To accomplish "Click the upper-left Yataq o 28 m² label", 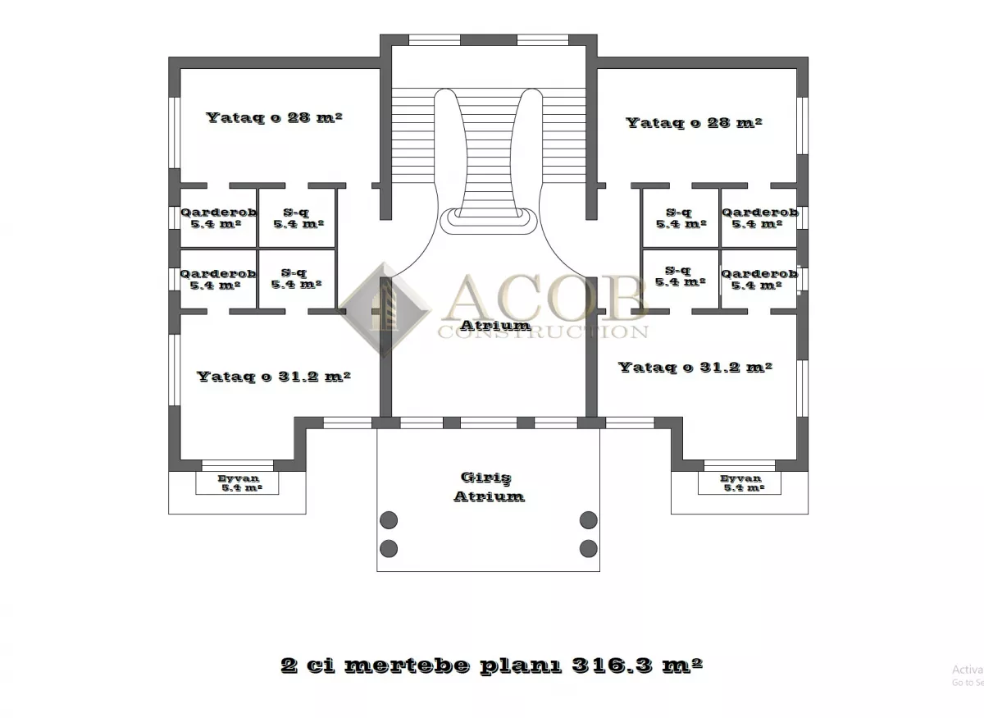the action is click(x=274, y=118).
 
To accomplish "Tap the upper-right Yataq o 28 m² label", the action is click(x=694, y=122).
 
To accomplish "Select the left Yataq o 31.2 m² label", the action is click(x=273, y=377).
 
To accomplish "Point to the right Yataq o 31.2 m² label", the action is click(x=695, y=367).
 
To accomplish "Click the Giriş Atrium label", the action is click(x=489, y=487).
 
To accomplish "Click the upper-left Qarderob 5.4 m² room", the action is click(x=218, y=217).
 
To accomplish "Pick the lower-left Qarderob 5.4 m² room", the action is click(x=218, y=279).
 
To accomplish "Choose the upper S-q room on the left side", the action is click(x=297, y=217).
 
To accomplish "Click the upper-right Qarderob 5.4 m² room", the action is click(x=759, y=217).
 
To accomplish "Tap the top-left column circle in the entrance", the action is click(x=389, y=520).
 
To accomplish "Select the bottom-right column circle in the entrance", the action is click(x=589, y=549).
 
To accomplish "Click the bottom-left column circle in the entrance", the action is click(x=389, y=549).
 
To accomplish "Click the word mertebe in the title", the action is click(x=407, y=665).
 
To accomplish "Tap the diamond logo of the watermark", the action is click(x=385, y=309).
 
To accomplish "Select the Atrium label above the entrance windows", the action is click(x=495, y=326).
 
